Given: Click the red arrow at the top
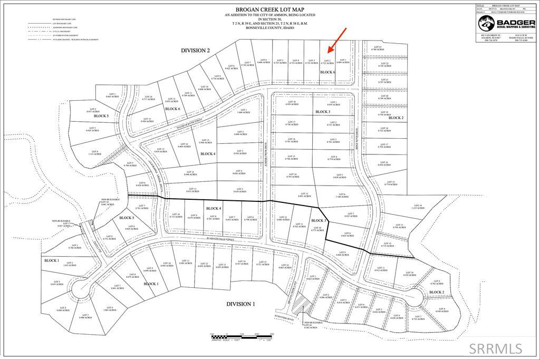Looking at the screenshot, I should click(x=336, y=40).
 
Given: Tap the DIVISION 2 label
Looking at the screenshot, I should click(x=196, y=51).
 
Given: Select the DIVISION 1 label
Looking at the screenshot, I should click(x=240, y=304).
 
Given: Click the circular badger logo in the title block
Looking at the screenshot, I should click(x=486, y=24).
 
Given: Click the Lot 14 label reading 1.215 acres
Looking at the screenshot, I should click(x=418, y=207).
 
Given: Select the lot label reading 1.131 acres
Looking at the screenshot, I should click(x=94, y=153).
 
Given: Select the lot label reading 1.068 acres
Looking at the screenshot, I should click(x=243, y=111).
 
